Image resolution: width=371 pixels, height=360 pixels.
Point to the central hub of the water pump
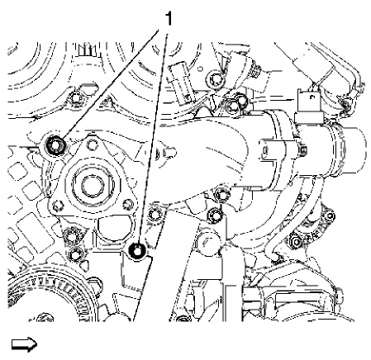click(88, 182)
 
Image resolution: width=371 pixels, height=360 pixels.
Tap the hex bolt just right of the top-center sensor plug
click(216, 79)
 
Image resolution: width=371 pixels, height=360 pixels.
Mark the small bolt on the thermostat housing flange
click(302, 150)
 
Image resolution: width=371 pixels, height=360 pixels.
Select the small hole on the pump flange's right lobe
click(127, 203)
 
